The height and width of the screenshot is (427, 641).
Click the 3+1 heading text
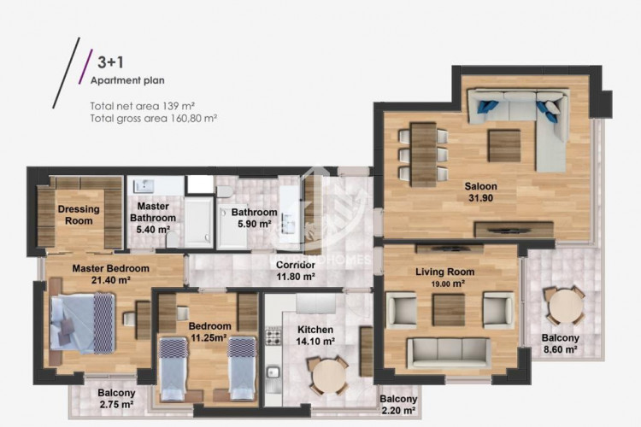click(110, 62)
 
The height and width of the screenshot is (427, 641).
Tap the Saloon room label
click(480, 186)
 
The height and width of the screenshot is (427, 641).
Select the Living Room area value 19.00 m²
click(449, 284)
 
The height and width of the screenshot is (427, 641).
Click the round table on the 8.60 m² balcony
click(566, 306)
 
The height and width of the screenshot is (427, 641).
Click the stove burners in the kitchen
click(273, 336)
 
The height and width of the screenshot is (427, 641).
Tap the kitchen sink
click(273, 372)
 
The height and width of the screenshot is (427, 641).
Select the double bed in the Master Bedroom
click(82, 323)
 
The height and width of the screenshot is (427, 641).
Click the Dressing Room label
click(79, 215)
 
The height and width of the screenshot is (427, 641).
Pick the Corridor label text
click(296, 265)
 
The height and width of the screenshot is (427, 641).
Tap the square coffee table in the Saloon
click(504, 146)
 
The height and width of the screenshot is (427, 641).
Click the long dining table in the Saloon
click(424, 155)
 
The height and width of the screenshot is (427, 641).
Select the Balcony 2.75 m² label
click(116, 399)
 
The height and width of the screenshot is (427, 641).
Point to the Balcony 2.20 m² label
click(398, 405)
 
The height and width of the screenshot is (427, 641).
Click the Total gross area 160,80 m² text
click(153, 119)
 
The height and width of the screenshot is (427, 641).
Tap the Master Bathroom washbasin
click(144, 186)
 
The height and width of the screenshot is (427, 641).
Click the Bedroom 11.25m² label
click(209, 332)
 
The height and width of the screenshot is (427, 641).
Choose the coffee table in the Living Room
click(449, 311)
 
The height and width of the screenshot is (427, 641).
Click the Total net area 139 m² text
click(142, 106)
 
